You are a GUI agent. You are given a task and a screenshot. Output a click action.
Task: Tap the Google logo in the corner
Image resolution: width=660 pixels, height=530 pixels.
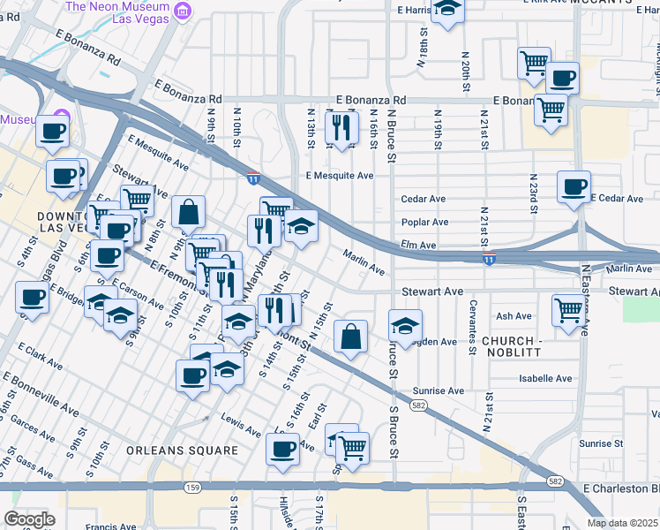pyautogui.click(x=29, y=519)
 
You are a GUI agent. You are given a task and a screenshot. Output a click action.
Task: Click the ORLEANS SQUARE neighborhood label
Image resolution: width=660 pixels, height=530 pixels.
pyautogui.click(x=182, y=450)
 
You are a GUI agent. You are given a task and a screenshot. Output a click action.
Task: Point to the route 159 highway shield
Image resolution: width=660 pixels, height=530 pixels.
pyautogui.click(x=192, y=487)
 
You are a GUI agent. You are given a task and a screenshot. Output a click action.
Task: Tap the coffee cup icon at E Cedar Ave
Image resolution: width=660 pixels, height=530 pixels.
pyautogui.click(x=574, y=186)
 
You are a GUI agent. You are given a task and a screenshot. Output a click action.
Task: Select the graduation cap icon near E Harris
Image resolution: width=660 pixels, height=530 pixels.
pyautogui.click(x=448, y=10)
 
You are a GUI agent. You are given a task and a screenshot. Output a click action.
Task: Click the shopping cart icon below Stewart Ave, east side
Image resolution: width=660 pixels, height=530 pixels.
pyautogui.click(x=568, y=310)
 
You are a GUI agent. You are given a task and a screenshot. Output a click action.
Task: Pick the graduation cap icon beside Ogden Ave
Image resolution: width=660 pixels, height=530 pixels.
pyautogui.click(x=405, y=325)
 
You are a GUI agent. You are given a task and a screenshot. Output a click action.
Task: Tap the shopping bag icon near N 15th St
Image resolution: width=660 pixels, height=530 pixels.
pyautogui.click(x=350, y=336)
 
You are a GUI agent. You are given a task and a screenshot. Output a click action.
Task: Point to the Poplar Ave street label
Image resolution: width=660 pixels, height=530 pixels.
pyautogui.click(x=425, y=223)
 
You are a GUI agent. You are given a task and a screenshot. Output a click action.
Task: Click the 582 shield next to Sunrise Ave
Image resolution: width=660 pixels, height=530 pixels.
pyautogui.click(x=421, y=405)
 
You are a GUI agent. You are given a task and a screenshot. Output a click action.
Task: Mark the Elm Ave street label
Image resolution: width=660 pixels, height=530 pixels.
pyautogui.click(x=419, y=245)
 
